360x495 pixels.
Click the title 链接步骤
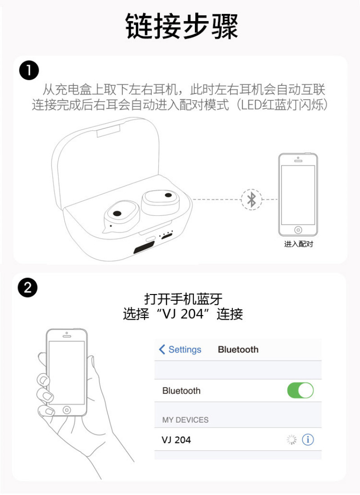pos(181,26)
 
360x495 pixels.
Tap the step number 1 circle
pos(29,71)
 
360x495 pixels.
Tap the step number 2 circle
pos(28,288)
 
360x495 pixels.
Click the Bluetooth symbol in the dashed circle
pos(252,200)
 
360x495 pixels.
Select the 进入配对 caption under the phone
pos(298,244)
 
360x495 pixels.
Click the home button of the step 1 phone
pos(298,230)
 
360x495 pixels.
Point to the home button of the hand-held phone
pos(67,410)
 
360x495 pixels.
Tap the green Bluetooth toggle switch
pos(300,391)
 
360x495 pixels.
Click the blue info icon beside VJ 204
pos(308,439)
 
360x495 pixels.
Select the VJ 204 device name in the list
pos(176,440)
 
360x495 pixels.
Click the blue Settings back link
pos(180,349)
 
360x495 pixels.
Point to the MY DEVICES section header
pos(185,420)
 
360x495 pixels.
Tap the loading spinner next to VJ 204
pos(292,439)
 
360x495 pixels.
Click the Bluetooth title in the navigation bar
pos(238,349)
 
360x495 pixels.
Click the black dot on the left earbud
pos(117,214)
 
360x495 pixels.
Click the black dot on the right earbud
pos(168,195)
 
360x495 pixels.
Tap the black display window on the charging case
pos(144,246)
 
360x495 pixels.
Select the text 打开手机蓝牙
pos(183,299)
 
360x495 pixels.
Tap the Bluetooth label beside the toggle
pos(181,391)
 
